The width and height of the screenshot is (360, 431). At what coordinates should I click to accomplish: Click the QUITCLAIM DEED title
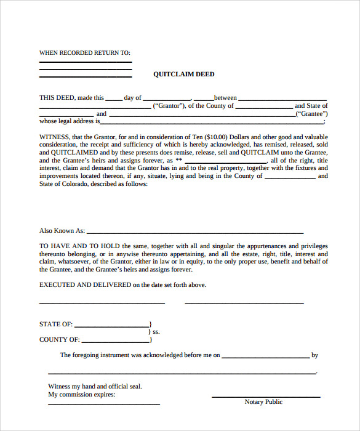(x=184, y=75)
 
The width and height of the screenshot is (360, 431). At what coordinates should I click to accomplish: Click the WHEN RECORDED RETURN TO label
(x=84, y=53)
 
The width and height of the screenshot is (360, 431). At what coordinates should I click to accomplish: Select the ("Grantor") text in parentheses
(x=169, y=106)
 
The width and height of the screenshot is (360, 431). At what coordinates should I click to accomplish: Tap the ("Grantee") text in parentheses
(x=311, y=114)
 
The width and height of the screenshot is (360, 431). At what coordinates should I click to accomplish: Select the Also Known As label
(x=62, y=231)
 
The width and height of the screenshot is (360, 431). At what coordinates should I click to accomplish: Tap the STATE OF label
(x=55, y=324)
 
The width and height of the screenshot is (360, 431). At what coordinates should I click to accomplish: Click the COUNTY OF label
(x=59, y=339)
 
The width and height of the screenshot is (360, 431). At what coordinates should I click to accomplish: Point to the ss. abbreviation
(x=156, y=332)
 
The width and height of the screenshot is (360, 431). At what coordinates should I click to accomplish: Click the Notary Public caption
(x=263, y=402)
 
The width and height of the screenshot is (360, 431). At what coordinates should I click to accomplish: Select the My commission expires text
(x=81, y=394)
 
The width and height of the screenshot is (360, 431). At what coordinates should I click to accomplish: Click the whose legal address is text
(x=69, y=121)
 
